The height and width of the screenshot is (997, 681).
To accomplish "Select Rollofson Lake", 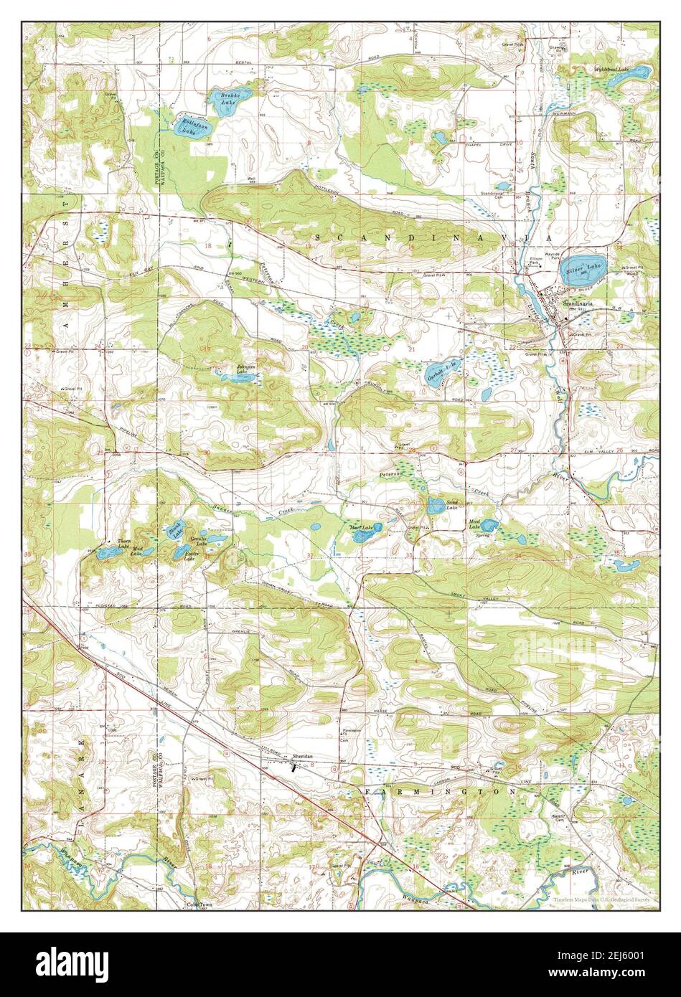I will coord(184,126).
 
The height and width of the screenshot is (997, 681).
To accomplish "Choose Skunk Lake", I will coord(172,531).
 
